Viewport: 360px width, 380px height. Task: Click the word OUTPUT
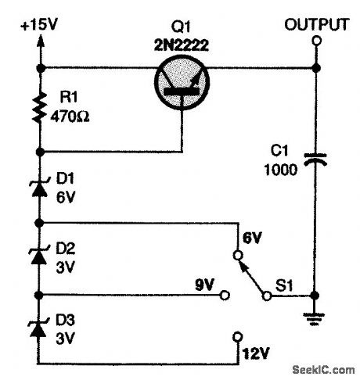316,24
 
